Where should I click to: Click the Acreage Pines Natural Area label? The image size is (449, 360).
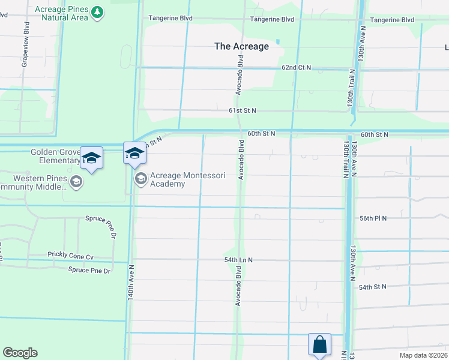[62, 13]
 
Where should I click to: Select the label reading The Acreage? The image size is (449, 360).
[242, 46]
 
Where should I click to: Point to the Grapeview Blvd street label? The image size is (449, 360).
[25, 45]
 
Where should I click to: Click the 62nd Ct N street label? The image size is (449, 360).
[297, 68]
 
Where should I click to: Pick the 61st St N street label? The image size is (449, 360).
[242, 110]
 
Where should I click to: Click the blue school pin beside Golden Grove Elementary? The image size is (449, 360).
[91, 158]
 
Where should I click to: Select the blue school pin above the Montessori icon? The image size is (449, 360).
[134, 155]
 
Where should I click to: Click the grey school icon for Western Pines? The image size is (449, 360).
[76, 182]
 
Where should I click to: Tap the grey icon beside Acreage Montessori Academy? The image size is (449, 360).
[141, 178]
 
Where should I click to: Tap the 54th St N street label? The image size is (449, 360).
[372, 287]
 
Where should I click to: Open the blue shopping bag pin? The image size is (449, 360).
[319, 345]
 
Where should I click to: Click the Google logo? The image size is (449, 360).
[20, 353]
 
